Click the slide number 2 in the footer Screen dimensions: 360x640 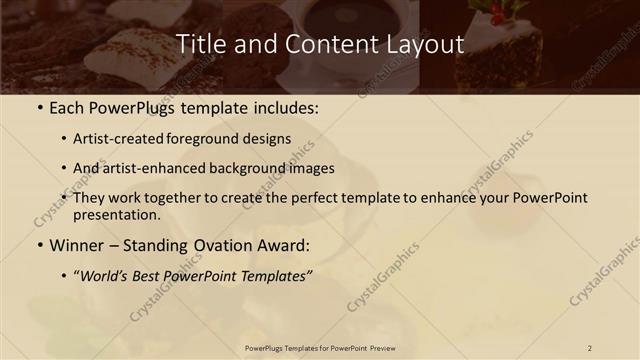coord(590,347)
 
